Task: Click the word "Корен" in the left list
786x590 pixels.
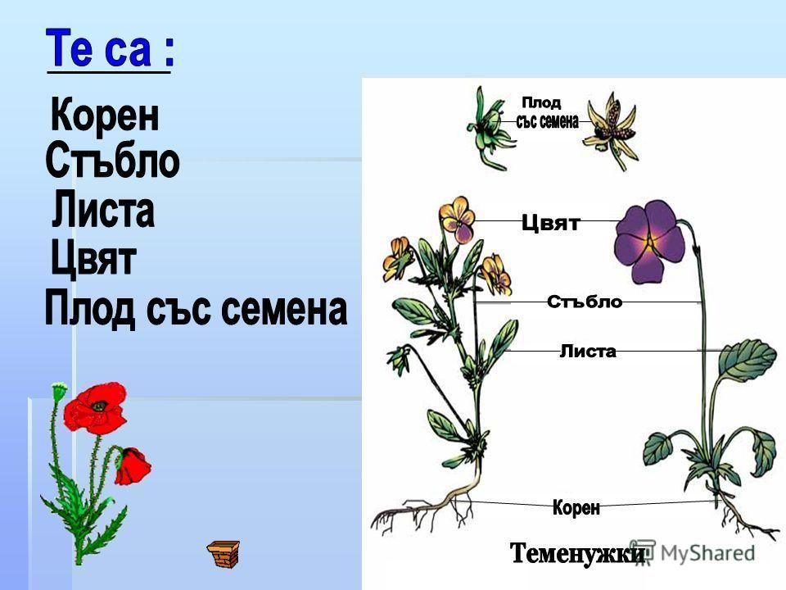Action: (105, 117)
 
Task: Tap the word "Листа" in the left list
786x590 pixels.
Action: (102, 211)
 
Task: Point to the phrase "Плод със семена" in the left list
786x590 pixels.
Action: (196, 310)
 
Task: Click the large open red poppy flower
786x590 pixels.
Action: (94, 406)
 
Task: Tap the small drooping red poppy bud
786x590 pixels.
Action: (132, 465)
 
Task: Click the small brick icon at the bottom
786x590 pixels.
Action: (223, 553)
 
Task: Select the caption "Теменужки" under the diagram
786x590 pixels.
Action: (578, 553)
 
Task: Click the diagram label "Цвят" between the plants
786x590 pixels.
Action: (550, 223)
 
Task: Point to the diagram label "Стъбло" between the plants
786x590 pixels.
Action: (584, 302)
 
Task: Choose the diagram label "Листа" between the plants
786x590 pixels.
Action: (587, 352)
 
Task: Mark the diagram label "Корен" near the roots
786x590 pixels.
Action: (576, 508)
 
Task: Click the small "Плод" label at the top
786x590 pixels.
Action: (541, 102)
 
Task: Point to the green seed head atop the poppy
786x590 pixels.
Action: (57, 391)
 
